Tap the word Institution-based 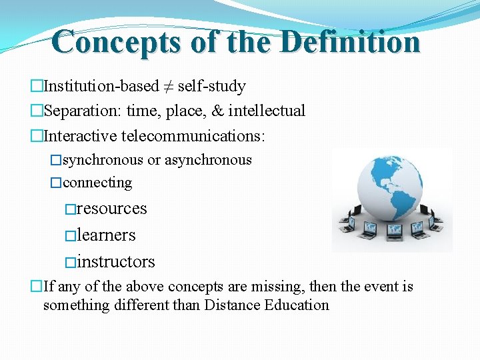[101, 86]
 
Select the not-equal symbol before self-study [168, 87]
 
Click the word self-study [211, 87]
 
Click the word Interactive [79, 136]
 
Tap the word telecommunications [193, 136]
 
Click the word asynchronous [208, 160]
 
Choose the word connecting [97, 183]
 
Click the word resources [112, 209]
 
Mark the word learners [107, 235]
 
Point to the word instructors [116, 262]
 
